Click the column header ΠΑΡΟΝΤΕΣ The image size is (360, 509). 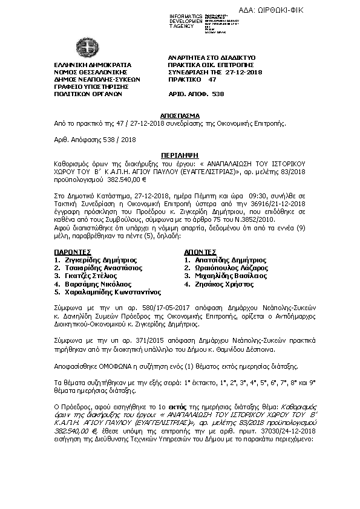click(x=73, y=251)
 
